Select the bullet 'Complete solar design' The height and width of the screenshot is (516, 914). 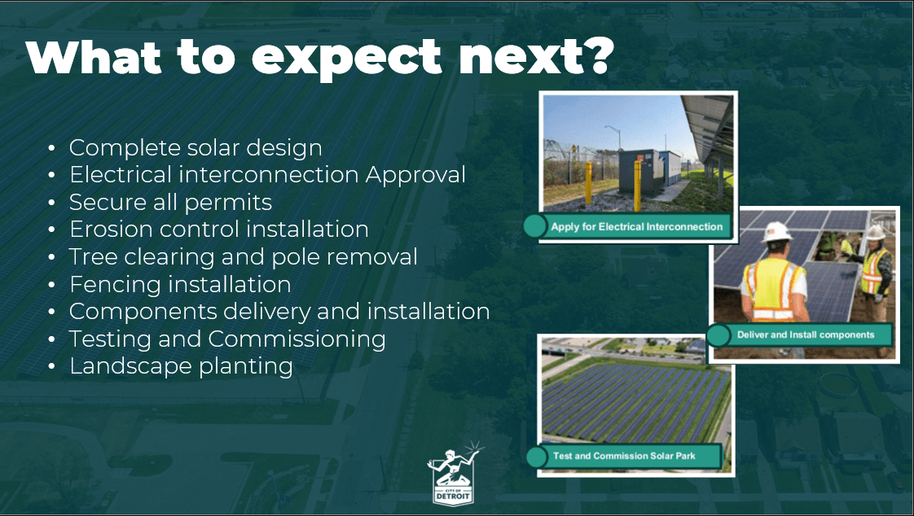coord(196,148)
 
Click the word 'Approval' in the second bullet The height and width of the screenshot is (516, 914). coord(415,175)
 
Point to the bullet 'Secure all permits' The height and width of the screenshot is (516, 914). coord(170,202)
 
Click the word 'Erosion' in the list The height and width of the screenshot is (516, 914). coord(110,229)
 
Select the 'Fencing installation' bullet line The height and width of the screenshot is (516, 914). coord(180,284)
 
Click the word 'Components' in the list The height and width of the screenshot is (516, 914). coord(143,312)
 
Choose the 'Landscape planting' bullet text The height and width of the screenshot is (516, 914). coord(181,366)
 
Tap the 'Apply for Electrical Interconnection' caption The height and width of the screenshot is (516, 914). coord(636,226)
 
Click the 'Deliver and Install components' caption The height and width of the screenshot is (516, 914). coord(806,335)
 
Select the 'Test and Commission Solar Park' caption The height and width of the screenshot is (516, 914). coord(624,456)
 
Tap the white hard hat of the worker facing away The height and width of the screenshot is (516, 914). coord(776,233)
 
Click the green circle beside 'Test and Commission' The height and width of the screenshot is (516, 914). coord(537,457)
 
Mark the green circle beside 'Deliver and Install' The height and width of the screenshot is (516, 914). coord(718,335)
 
